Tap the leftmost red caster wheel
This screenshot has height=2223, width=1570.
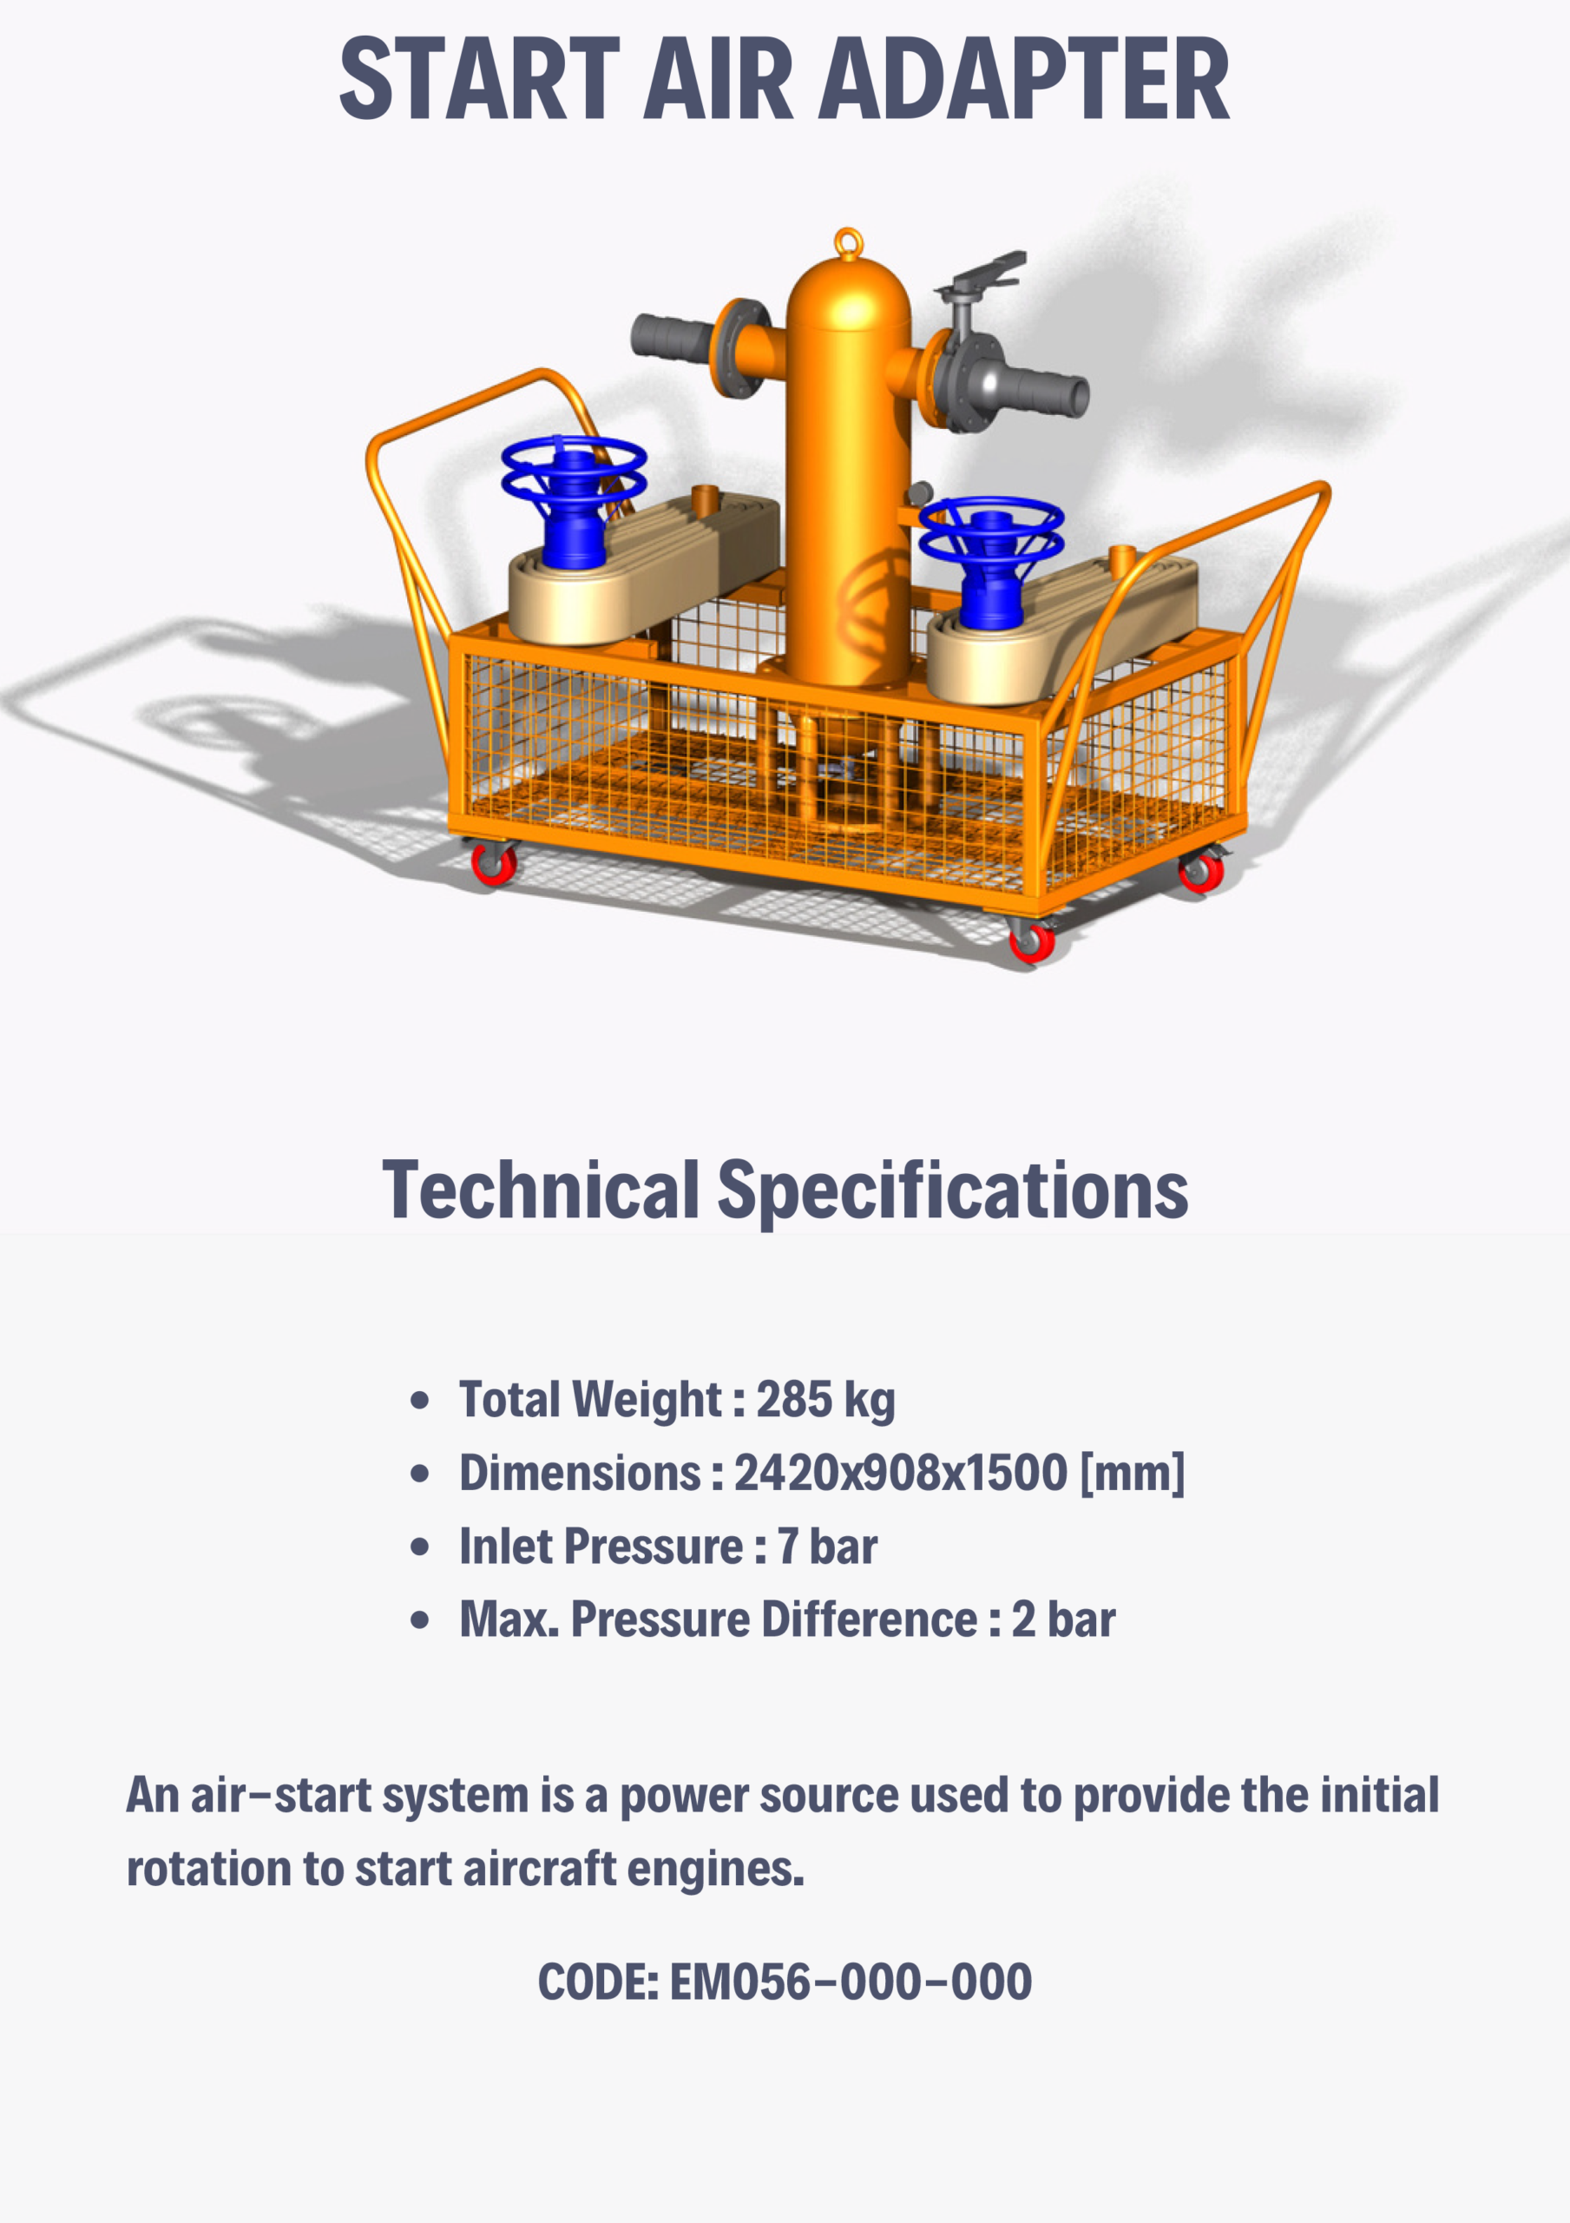pyautogui.click(x=494, y=862)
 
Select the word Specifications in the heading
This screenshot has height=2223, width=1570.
pyautogui.click(x=952, y=1190)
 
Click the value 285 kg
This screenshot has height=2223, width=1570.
pyautogui.click(x=824, y=1400)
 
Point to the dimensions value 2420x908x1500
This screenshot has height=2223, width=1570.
pyautogui.click(x=900, y=1473)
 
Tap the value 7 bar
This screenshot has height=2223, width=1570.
pyautogui.click(x=828, y=1547)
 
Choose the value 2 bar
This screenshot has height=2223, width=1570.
pyautogui.click(x=1063, y=1619)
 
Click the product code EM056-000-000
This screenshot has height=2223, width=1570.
pyautogui.click(x=851, y=1982)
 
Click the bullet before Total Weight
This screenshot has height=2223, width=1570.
pyautogui.click(x=419, y=1400)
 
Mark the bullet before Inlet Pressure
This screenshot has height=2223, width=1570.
pyautogui.click(x=419, y=1547)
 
